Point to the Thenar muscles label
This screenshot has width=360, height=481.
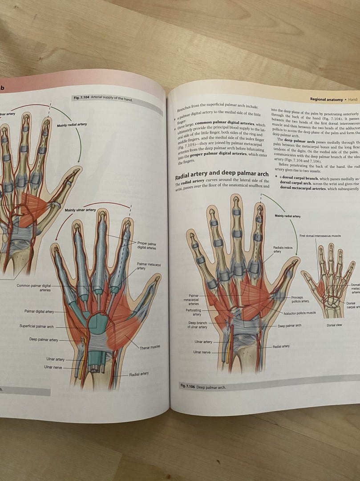pyautogui.click(x=150, y=347)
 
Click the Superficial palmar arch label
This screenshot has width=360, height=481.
pyautogui.click(x=36, y=326)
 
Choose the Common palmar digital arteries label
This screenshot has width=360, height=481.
pyautogui.click(x=34, y=287)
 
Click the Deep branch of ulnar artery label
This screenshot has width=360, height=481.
pyautogui.click(x=198, y=325)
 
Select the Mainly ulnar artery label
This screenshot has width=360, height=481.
pyautogui.click(x=80, y=210)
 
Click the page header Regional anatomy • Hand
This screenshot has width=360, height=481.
pyautogui.click(x=333, y=99)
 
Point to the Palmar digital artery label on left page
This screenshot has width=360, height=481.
pyautogui.click(x=39, y=311)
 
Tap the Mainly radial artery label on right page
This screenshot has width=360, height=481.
pyautogui.click(x=287, y=216)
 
